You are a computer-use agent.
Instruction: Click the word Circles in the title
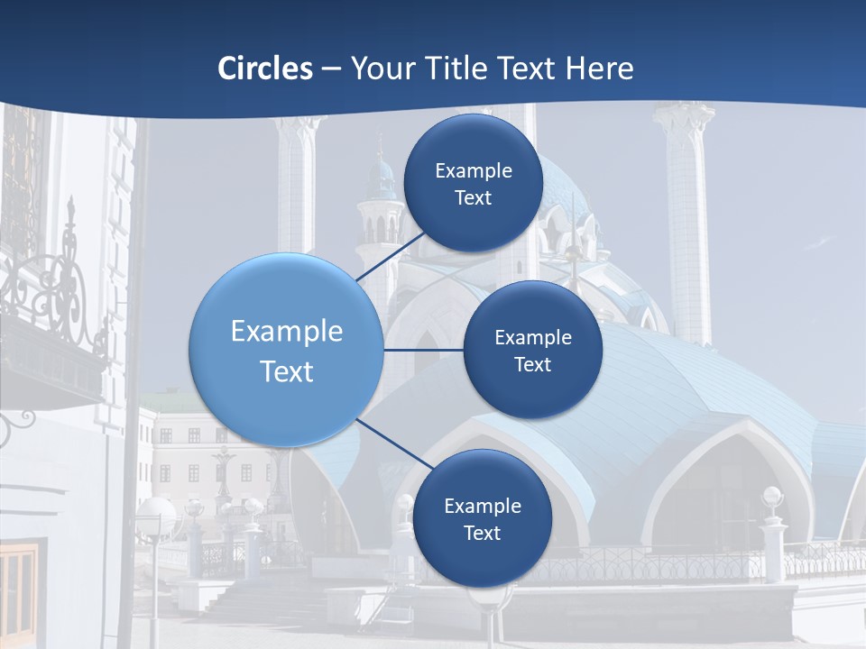(264, 69)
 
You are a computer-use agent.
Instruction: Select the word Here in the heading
(599, 69)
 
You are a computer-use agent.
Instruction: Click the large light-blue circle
(285, 350)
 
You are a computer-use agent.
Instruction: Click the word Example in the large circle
(287, 332)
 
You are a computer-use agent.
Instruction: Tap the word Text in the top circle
(473, 198)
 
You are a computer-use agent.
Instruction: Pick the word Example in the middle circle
(532, 338)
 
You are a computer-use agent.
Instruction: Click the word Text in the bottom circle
(482, 534)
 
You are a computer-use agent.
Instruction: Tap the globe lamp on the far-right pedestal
(772, 495)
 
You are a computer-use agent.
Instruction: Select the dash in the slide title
(331, 69)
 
